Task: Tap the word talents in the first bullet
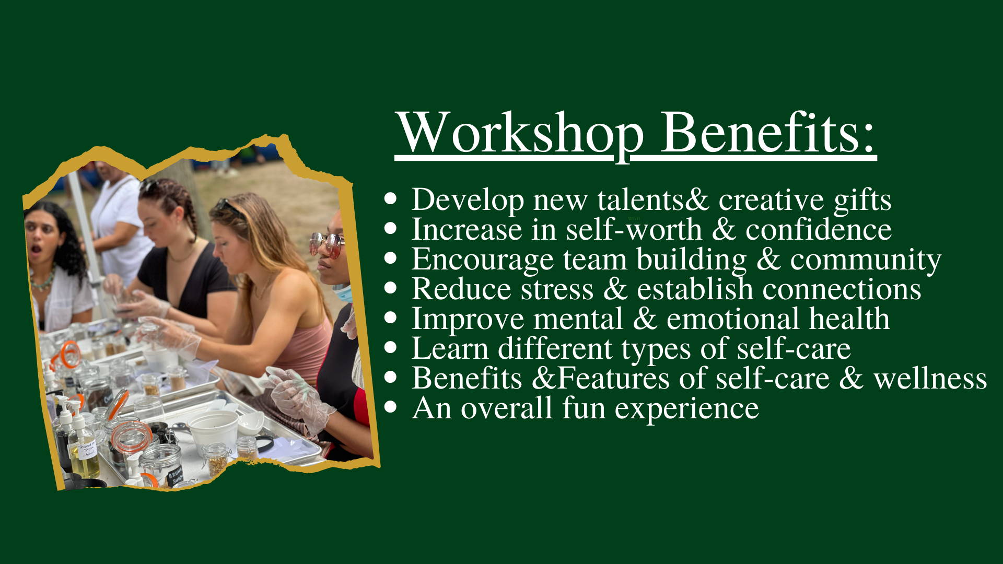tap(640, 199)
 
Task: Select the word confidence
tap(819, 229)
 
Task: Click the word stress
tap(557, 289)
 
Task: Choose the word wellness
tap(930, 379)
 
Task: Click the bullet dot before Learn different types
tap(390, 348)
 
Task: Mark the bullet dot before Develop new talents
tap(390, 199)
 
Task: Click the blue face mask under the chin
tap(342, 293)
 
